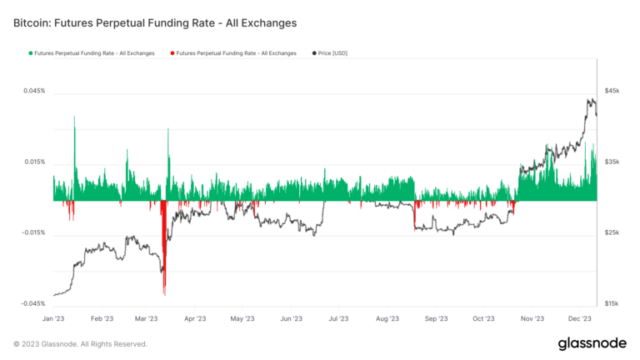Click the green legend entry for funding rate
[x=92, y=53]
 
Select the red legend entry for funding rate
[x=232, y=53]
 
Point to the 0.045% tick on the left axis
[x=34, y=91]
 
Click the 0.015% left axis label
[x=34, y=162]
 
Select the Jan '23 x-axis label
[x=53, y=318]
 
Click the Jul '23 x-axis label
[x=338, y=318]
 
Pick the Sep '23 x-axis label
[x=436, y=318]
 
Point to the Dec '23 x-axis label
[x=579, y=318]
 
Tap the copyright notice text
[x=80, y=344]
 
